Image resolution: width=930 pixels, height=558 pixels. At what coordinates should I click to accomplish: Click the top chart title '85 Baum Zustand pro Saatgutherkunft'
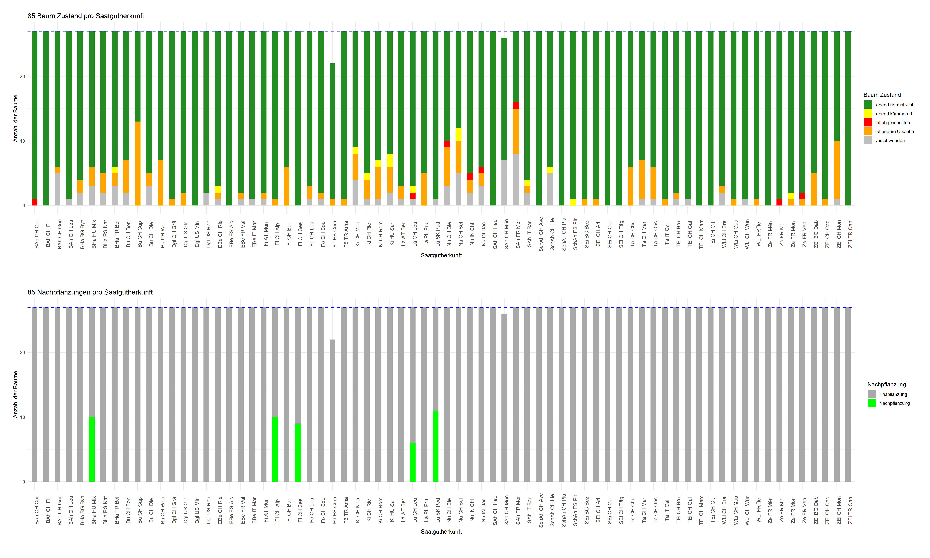coord(86,16)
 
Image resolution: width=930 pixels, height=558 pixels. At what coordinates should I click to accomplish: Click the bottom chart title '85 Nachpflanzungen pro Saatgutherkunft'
coord(90,292)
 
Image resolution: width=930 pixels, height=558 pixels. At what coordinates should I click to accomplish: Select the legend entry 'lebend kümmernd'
coord(893,114)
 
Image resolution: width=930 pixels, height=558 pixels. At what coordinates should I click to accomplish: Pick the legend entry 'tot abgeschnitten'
coord(892,123)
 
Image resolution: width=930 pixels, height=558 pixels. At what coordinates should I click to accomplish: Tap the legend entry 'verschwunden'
coord(889,141)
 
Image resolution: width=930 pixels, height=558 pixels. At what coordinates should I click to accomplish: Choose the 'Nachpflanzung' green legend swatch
coord(872,403)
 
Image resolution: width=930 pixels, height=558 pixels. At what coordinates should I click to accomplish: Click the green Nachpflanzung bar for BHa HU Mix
coord(92,449)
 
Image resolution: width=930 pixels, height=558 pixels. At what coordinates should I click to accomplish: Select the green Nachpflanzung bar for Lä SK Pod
coord(436,446)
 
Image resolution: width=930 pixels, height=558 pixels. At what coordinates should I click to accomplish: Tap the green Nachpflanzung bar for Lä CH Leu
coord(413,462)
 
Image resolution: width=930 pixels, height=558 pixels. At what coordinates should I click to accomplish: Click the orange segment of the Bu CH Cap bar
coord(138,164)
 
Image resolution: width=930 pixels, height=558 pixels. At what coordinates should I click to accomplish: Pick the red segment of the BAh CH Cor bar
coord(35,202)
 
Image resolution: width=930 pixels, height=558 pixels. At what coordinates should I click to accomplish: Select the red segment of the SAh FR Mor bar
coord(516,105)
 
